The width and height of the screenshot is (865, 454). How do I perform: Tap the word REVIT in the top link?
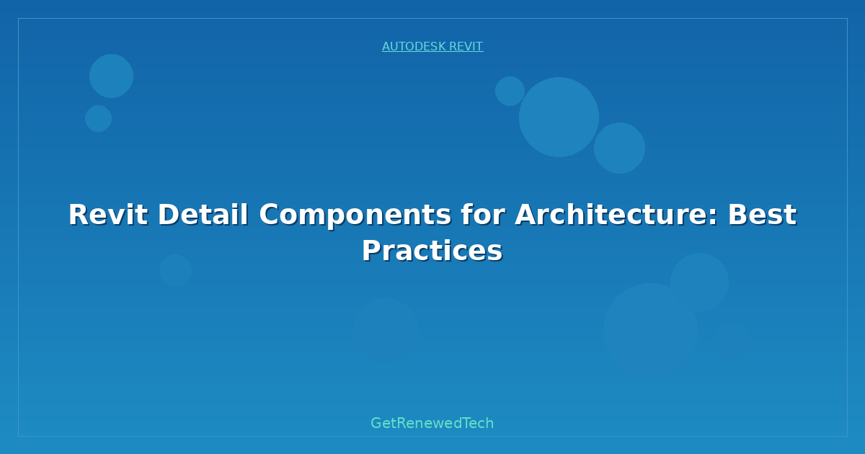(466, 46)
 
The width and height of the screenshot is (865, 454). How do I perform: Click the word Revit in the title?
(107, 215)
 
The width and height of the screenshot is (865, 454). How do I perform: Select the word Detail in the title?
(203, 215)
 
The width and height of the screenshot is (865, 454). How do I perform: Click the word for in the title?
(483, 215)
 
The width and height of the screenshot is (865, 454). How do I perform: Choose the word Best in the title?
(763, 215)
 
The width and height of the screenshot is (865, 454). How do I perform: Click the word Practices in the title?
(432, 251)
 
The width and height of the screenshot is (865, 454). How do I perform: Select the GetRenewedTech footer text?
(432, 423)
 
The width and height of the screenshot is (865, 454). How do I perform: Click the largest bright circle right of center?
(559, 117)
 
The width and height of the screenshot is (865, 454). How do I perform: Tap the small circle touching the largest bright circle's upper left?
(510, 91)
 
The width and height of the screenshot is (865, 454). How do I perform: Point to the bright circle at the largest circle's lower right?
(619, 148)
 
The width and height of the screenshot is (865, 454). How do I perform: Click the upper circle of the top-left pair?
(111, 76)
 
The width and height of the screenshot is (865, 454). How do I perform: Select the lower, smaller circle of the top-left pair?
(99, 118)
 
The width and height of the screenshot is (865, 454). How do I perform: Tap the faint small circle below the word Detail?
(176, 270)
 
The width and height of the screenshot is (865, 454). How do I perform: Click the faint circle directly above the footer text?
(386, 331)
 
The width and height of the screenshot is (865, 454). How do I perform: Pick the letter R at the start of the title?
(78, 215)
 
